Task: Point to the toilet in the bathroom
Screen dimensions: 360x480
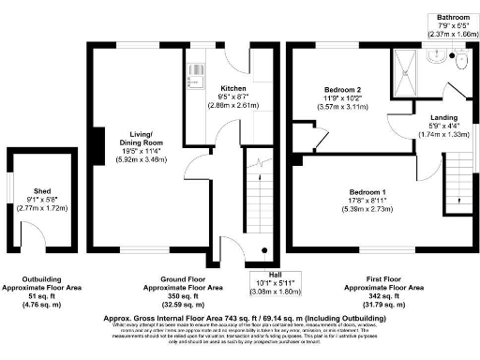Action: tap(458, 60)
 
